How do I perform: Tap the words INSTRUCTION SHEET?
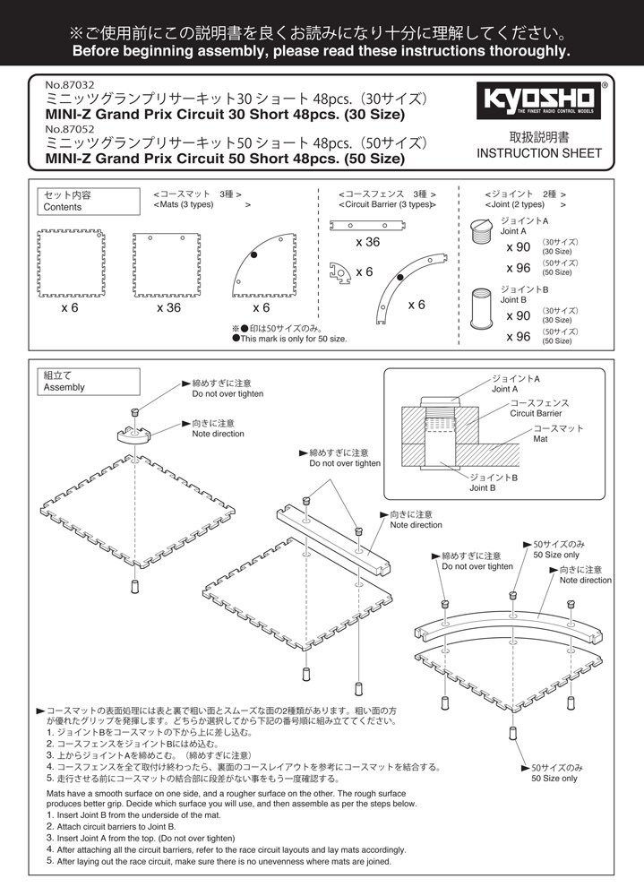tap(539, 153)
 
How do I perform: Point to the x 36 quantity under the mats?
tap(169, 307)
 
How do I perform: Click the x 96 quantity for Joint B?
tap(519, 337)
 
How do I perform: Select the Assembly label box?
tap(64, 382)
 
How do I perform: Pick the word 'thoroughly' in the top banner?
tap(516, 51)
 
